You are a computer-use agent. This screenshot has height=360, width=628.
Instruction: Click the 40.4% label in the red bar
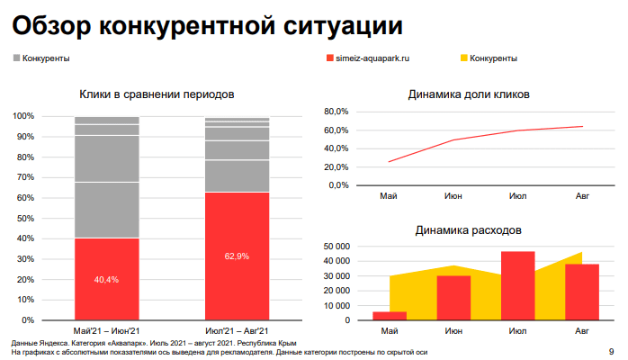tap(106, 280)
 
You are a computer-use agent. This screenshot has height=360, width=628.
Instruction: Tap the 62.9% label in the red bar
tap(237, 256)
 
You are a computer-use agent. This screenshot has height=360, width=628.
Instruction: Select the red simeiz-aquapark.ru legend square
tap(329, 58)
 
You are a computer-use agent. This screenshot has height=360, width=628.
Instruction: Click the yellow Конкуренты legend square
tap(464, 58)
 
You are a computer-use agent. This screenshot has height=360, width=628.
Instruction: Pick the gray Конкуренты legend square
tap(16, 58)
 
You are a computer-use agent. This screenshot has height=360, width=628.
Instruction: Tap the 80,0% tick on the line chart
tap(335, 112)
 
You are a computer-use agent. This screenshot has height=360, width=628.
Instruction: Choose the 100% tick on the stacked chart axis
tap(23, 117)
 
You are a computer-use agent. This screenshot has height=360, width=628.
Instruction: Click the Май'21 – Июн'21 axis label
tap(106, 332)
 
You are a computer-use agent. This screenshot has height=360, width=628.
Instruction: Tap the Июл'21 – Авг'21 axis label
tap(237, 332)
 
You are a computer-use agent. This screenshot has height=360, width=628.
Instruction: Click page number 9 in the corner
tap(612, 351)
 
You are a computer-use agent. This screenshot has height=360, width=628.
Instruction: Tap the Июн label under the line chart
tap(454, 194)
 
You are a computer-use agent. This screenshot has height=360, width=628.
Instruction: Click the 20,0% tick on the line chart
tap(335, 167)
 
